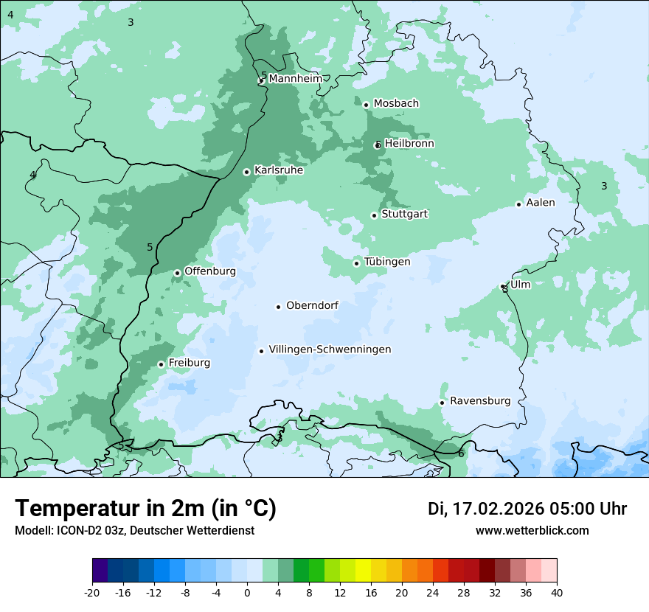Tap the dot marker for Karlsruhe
(x=247, y=172)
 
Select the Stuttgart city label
(x=404, y=214)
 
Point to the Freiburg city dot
(x=161, y=364)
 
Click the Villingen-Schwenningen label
(x=330, y=350)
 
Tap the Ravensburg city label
(x=480, y=401)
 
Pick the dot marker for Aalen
(x=518, y=204)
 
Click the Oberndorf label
(x=312, y=305)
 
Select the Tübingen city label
(x=387, y=262)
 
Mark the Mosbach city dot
(x=366, y=105)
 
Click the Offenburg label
(x=210, y=271)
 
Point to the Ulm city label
(x=520, y=285)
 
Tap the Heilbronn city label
(x=409, y=144)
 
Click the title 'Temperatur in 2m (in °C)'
(x=145, y=508)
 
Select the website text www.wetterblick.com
(x=532, y=530)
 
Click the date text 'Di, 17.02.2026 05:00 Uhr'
(x=527, y=509)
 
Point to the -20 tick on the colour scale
(x=92, y=592)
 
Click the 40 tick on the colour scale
(x=557, y=592)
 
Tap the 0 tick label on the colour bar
(x=247, y=592)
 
